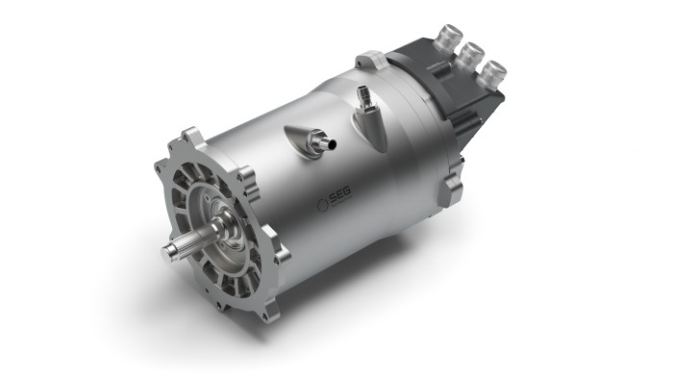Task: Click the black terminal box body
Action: click(x=452, y=91)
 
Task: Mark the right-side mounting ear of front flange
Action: click(x=248, y=177)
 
